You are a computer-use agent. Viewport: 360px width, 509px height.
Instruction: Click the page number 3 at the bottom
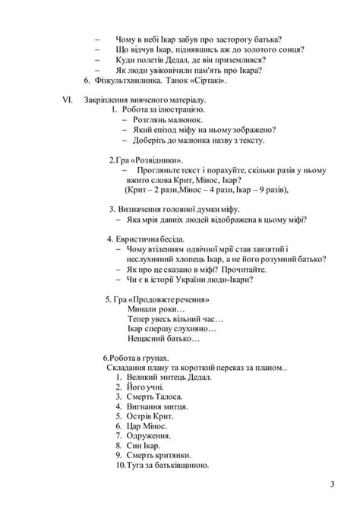coord(332,484)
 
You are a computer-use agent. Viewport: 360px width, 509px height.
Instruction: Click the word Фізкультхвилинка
coord(133,80)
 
